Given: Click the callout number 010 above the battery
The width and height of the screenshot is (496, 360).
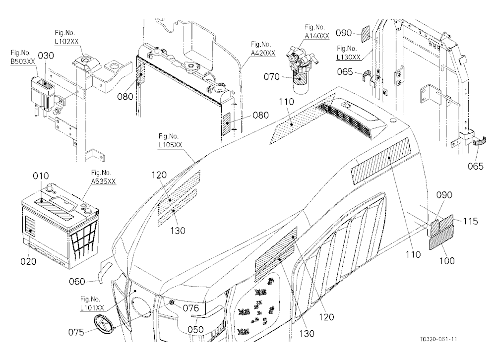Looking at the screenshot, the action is pos(41,176).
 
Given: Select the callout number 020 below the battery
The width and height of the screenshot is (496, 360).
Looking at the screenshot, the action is pos(28,261).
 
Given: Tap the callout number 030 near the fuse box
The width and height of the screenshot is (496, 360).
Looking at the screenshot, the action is pos(46,56).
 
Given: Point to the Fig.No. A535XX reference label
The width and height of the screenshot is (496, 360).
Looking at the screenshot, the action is pos(103,177).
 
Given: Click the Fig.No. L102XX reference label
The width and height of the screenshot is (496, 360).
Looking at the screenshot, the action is pos(66,37).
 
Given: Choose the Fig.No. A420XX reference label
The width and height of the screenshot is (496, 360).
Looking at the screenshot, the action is pos(263,49).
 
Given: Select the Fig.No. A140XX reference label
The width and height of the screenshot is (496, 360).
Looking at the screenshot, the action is pos(316,32).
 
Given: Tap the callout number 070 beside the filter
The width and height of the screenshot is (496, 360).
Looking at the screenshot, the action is pos(272,76).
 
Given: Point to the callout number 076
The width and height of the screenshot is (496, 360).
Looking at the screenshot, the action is pos(191,308).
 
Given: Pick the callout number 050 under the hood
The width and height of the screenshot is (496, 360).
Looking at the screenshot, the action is pos(195,330).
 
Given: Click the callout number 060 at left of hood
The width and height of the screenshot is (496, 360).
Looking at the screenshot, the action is pos(77,281).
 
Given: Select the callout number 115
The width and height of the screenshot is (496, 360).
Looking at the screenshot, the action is pos(470,221).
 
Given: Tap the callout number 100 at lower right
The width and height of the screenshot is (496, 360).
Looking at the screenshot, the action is pos(447,261).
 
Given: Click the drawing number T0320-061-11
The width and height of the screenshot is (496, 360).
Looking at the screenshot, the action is pos(438,339).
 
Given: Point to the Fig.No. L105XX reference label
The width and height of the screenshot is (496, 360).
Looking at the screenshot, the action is pos(171,141).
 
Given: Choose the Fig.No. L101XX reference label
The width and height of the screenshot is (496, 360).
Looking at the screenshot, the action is pos(92,303).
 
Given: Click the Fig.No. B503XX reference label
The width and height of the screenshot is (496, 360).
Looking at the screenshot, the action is pos(23,57).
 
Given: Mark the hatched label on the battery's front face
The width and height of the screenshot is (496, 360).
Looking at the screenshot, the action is pos(30,227).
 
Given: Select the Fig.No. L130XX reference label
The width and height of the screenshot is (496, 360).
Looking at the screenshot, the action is pos(349,53).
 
